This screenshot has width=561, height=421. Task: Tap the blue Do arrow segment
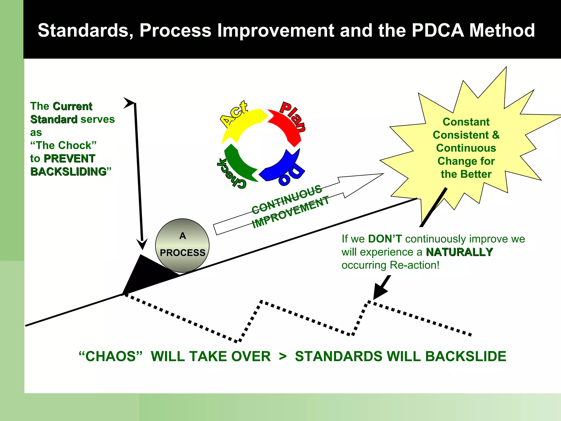coord(282,167)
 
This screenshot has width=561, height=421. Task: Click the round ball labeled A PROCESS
coord(182,245)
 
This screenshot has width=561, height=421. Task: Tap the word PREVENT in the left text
coord(69,158)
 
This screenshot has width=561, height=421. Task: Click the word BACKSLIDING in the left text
coord(68,172)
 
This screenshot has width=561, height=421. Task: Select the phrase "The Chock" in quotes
coord(63,145)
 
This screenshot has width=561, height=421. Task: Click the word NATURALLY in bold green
coord(459,252)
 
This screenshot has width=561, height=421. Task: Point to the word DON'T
coord(385,239)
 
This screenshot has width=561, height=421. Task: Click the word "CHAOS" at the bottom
coord(111,356)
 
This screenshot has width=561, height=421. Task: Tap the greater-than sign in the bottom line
coord(283,356)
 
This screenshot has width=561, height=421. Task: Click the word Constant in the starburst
coord(466,122)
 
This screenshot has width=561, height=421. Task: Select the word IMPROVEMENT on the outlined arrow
coord(290,212)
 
